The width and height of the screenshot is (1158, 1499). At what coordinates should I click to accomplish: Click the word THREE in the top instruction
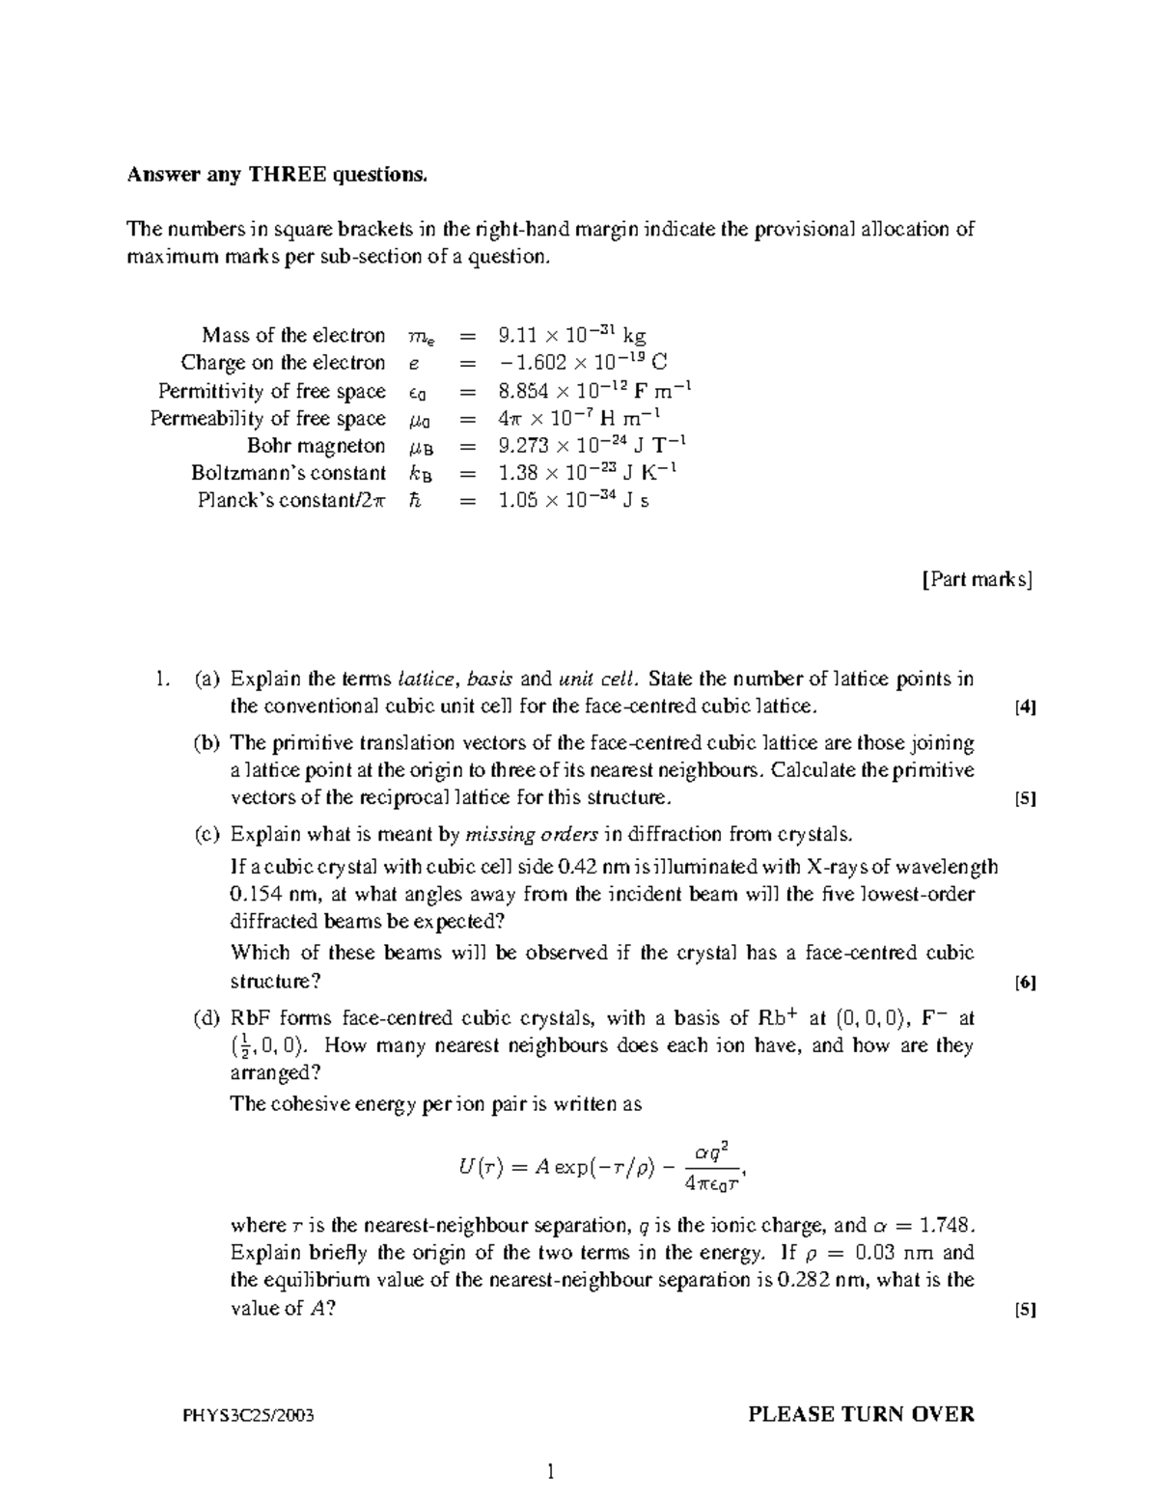[x=289, y=175]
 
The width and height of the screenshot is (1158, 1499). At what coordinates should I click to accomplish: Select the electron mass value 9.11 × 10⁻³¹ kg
[x=571, y=336]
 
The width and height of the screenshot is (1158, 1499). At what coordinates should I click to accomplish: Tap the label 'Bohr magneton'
[x=316, y=446]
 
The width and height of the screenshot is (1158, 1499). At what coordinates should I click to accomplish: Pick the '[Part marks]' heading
[x=978, y=580]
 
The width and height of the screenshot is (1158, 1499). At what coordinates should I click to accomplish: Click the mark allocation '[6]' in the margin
[x=1025, y=984]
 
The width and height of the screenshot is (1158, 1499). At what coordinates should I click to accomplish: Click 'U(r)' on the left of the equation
[x=481, y=1167]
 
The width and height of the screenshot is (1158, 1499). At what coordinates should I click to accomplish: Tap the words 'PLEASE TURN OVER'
[x=861, y=1415]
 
